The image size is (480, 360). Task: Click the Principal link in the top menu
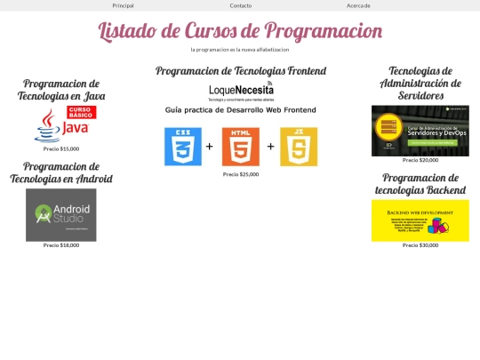[123, 5]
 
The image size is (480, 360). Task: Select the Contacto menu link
[240, 5]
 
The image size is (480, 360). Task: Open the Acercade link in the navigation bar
[358, 5]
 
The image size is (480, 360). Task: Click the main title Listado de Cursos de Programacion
[240, 31]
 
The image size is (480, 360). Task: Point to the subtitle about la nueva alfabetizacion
[240, 50]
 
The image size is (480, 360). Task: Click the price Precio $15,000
[61, 148]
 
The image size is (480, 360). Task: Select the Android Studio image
[61, 214]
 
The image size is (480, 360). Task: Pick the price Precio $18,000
[61, 245]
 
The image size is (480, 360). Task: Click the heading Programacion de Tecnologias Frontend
[240, 71]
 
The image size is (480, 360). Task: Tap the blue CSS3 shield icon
[182, 147]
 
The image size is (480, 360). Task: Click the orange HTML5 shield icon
[240, 147]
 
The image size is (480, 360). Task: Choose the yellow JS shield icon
[299, 147]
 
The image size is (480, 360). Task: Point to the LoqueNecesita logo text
[241, 90]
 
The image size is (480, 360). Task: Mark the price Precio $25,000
[240, 174]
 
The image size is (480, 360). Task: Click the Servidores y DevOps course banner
[420, 131]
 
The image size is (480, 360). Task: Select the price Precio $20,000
[420, 160]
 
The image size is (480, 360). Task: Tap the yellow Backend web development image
[420, 220]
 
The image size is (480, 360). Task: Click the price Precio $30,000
[420, 245]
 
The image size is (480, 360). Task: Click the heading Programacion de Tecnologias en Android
[61, 172]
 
